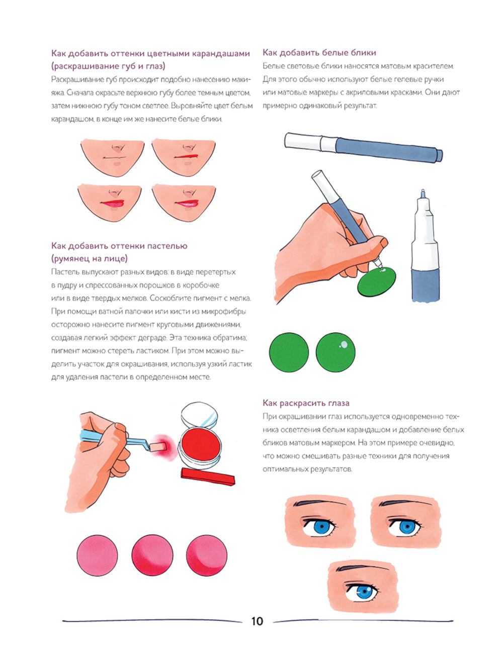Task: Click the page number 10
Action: click(x=257, y=621)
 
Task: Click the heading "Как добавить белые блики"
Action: click(x=319, y=53)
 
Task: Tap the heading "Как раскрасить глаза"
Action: click(x=306, y=403)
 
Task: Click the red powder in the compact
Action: click(x=201, y=442)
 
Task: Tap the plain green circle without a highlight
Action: click(x=289, y=352)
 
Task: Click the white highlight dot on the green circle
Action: click(x=344, y=345)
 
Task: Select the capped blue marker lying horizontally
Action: click(x=364, y=147)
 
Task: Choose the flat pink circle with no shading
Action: click(x=98, y=555)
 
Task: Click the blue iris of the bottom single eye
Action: click(x=364, y=592)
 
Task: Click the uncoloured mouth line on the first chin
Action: click(x=115, y=157)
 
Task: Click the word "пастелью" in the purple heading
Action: click(x=167, y=246)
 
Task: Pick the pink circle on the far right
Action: click(x=207, y=555)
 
